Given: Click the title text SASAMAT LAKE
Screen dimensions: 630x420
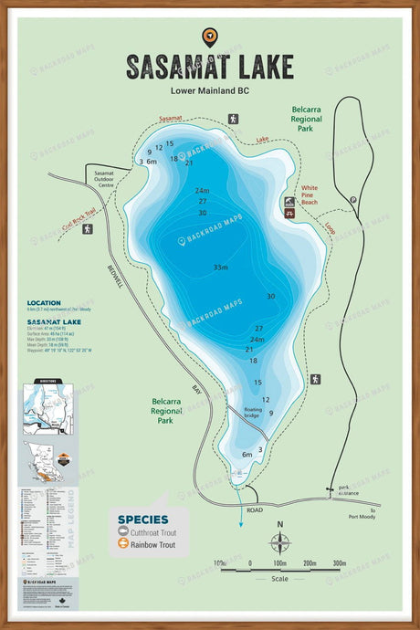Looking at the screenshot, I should [x=209, y=67].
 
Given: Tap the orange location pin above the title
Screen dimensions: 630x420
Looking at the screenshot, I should [x=209, y=37].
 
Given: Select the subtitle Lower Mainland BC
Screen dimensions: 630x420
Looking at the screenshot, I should [x=209, y=90].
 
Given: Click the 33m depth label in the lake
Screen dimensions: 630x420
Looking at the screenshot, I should [x=220, y=268].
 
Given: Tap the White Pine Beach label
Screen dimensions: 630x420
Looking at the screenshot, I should [x=316, y=191].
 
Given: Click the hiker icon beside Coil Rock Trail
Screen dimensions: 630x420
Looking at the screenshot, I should [x=88, y=229].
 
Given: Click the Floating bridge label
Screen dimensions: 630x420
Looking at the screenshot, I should [x=253, y=413].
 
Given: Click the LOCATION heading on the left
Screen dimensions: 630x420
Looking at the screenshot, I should [x=44, y=303].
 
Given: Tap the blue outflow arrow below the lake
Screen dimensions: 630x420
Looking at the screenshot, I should [x=241, y=519].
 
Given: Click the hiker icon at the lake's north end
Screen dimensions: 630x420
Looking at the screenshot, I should [x=233, y=119].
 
